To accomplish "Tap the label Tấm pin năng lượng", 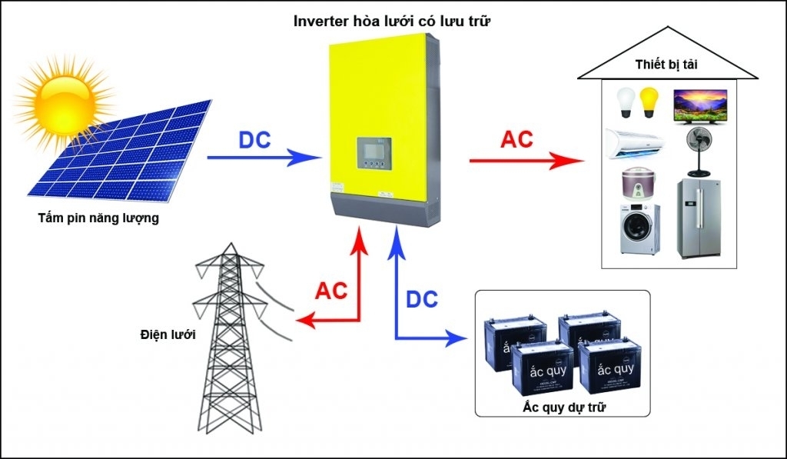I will pyautogui.click(x=98, y=218).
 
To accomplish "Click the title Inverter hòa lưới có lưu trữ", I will pyautogui.click(x=392, y=22).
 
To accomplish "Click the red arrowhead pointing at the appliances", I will pyautogui.click(x=569, y=161).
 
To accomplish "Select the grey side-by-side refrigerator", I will pyautogui.click(x=699, y=218).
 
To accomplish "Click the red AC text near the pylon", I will pyautogui.click(x=331, y=291).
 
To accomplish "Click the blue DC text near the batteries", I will pyautogui.click(x=421, y=300).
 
